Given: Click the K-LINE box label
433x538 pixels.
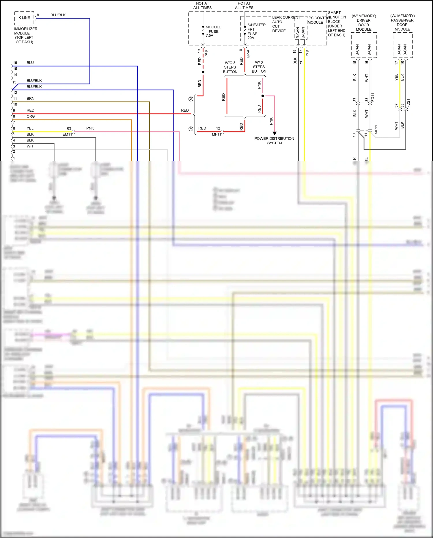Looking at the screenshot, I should [24, 18].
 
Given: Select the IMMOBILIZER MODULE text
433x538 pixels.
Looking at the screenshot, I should [25, 31].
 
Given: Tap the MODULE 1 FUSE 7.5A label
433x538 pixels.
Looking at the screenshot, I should [213, 31].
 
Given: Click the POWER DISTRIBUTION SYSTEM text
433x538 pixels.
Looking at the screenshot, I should [274, 141].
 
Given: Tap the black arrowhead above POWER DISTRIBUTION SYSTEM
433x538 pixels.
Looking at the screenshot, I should [275, 133].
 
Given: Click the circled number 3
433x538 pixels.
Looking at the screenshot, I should [191, 99].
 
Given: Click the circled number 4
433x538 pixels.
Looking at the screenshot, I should [191, 129].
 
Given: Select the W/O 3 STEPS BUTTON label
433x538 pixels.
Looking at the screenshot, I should [230, 67].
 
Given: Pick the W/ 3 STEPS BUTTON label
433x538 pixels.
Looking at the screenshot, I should [259, 67].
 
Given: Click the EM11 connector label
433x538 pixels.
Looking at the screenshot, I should [67, 134].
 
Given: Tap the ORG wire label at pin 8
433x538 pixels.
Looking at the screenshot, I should [31, 117].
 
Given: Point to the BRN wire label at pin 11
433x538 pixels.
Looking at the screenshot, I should [30, 99].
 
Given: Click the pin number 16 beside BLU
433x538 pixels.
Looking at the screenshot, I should [15, 63].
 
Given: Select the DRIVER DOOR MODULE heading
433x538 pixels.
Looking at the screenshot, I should [363, 23].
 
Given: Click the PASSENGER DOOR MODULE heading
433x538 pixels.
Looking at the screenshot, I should [402, 23].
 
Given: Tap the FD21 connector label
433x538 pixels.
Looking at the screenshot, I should [408, 103].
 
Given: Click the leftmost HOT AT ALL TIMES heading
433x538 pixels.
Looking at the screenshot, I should [202, 5].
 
